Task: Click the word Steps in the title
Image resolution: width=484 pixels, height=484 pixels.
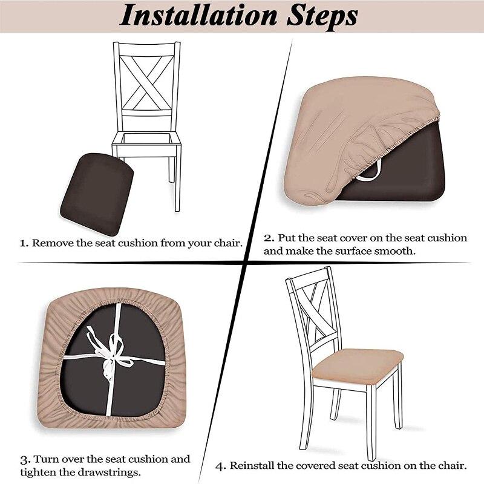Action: point(321,17)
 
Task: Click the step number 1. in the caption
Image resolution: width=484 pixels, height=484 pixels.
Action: point(24,244)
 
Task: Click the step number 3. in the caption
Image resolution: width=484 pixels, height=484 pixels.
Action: point(24,459)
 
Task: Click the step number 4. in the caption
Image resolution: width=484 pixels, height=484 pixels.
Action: point(220,466)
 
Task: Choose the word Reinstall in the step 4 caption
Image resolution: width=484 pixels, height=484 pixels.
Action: point(255,466)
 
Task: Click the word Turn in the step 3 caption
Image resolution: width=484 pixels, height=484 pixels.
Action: point(44,459)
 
